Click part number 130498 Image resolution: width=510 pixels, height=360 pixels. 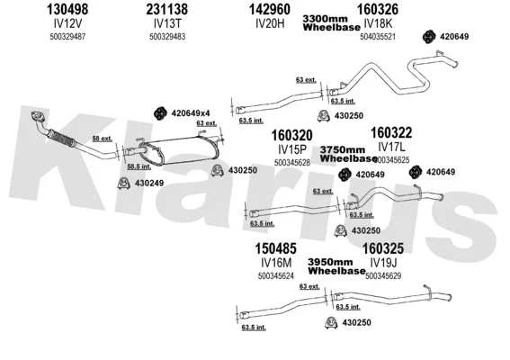(67, 9)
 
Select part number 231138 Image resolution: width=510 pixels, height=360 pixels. (167, 9)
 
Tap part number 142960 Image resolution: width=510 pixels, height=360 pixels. (270, 9)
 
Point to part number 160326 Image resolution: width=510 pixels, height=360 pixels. (378, 9)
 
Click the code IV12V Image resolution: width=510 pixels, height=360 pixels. (67, 23)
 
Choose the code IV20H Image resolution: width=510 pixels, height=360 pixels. (270, 23)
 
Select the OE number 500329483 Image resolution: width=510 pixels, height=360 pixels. (167, 37)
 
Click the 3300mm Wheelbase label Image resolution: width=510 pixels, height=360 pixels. (331, 23)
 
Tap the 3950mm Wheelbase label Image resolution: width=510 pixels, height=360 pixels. (336, 266)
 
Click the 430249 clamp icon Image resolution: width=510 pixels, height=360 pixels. (123, 184)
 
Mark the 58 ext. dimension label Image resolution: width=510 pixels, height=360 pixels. (103, 139)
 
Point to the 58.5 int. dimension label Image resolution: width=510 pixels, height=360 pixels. (139, 166)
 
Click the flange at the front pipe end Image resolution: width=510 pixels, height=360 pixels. (38, 116)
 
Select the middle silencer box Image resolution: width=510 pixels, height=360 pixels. (180, 150)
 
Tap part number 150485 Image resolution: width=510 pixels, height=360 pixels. (275, 248)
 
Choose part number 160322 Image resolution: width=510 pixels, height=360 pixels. (391, 133)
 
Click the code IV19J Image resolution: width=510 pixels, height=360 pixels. (383, 263)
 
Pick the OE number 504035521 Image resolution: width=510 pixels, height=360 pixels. (378, 37)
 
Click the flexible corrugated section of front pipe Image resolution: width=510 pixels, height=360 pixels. (62, 138)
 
